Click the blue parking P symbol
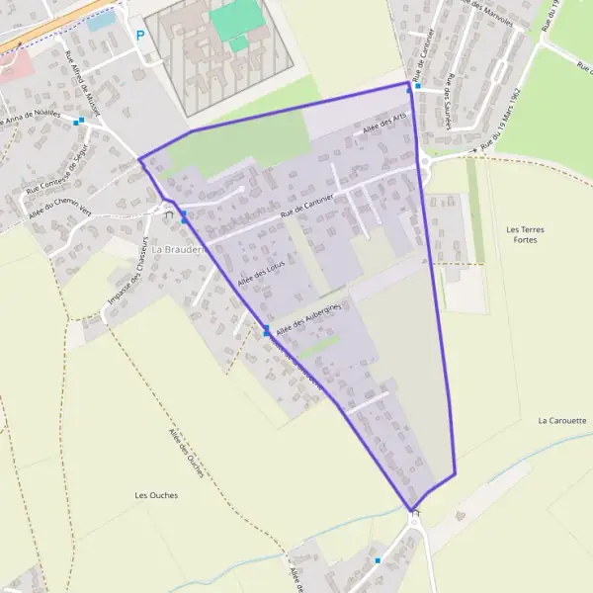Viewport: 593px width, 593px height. (x=140, y=35)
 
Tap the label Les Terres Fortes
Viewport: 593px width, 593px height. (x=525, y=235)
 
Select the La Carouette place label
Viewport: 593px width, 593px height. (x=562, y=420)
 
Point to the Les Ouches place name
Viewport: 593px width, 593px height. (x=154, y=494)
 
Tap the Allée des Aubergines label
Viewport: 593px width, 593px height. (x=308, y=319)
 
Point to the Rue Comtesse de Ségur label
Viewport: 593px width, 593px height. (x=59, y=174)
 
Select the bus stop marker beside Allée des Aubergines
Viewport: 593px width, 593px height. (x=266, y=330)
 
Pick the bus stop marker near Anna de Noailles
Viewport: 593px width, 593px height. (x=80, y=122)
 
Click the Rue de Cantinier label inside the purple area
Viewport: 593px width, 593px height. (x=306, y=204)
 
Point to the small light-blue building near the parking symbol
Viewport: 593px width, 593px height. (x=101, y=21)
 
